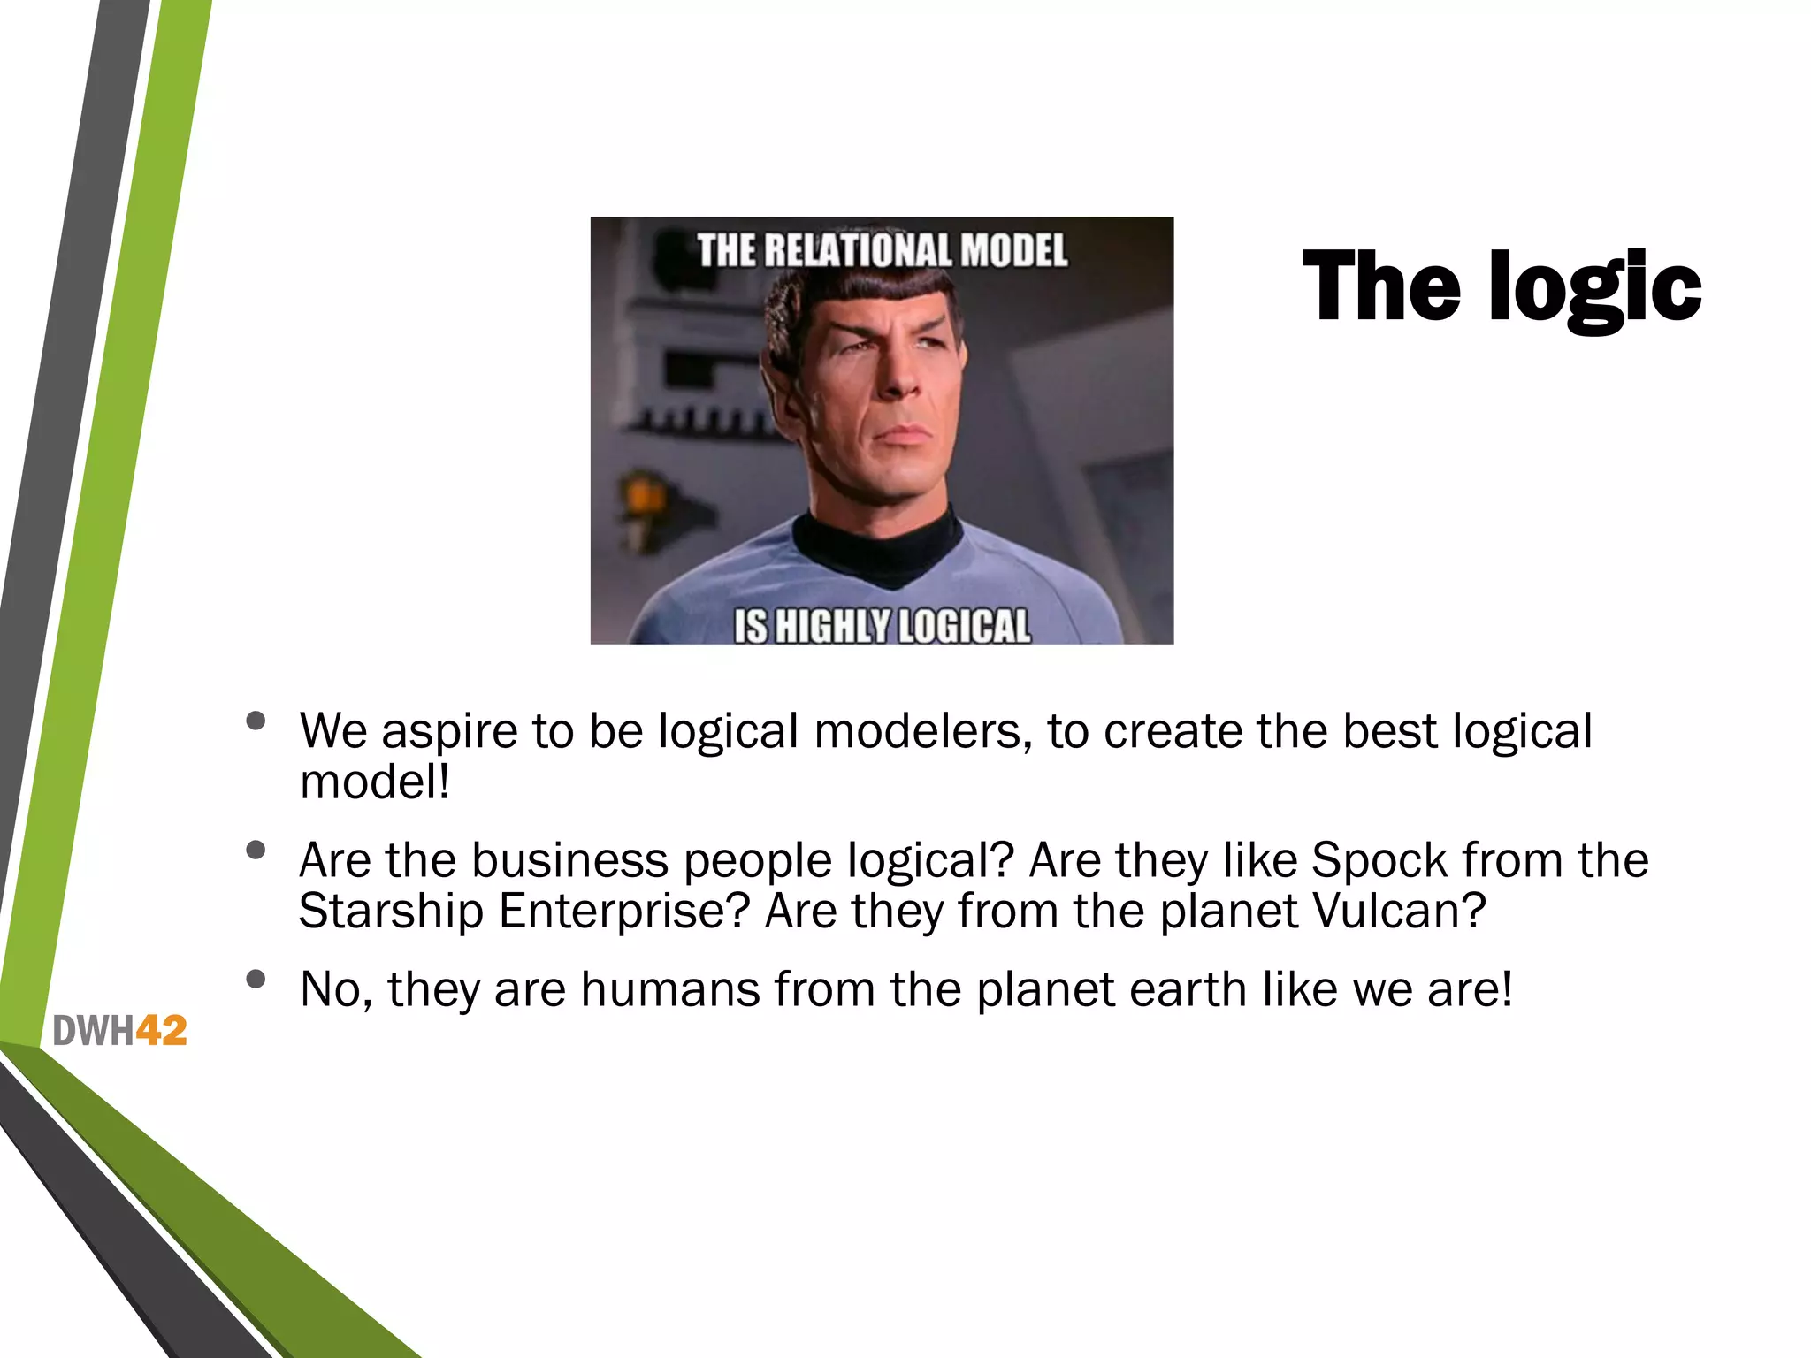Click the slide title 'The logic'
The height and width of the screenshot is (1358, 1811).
[1502, 287]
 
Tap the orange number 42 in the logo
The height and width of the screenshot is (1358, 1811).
[161, 1031]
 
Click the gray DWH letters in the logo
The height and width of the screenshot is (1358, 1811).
[93, 1031]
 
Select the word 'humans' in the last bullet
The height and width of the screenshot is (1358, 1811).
[669, 989]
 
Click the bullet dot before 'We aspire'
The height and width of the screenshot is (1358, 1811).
[256, 721]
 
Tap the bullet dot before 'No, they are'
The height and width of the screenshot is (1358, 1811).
[256, 979]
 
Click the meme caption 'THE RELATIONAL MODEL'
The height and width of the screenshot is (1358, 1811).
[882, 250]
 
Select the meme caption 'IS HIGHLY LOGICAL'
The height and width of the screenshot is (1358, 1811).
[882, 626]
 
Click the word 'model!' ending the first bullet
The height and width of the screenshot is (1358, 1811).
[375, 783]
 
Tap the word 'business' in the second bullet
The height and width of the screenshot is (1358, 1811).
[569, 860]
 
